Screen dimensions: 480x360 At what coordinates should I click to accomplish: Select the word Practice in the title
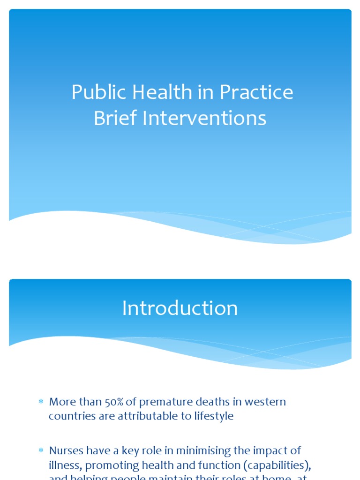pyautogui.click(x=256, y=92)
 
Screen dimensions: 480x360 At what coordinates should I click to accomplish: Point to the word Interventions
pyautogui.click(x=204, y=118)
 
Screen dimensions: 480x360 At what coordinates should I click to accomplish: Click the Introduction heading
pyautogui.click(x=180, y=308)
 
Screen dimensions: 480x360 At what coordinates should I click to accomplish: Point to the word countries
pyautogui.click(x=70, y=416)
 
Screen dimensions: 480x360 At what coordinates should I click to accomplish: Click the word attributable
pyautogui.click(x=139, y=416)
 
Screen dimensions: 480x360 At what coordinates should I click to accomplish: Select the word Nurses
pyautogui.click(x=65, y=450)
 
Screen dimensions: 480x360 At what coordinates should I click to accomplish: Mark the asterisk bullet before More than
pyautogui.click(x=41, y=402)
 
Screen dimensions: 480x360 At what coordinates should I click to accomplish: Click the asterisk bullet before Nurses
pyautogui.click(x=41, y=451)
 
